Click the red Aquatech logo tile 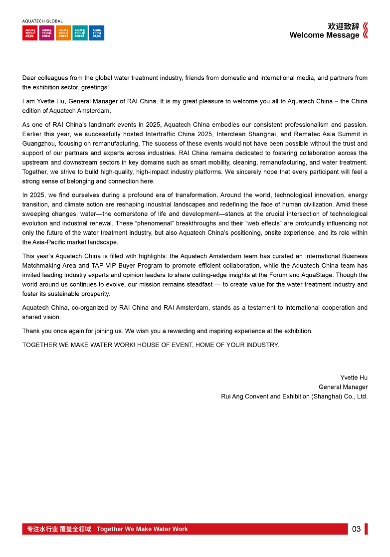click(x=30, y=33)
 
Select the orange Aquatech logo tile click(x=63, y=33)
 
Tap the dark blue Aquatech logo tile click(x=97, y=33)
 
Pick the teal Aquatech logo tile click(x=80, y=33)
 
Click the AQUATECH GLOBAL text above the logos click(x=42, y=21)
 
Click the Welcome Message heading click(x=324, y=35)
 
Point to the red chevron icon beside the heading click(x=366, y=30)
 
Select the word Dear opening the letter click(x=29, y=78)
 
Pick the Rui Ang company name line click(x=294, y=396)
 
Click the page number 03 click(x=356, y=529)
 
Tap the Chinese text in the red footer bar click(x=59, y=529)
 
